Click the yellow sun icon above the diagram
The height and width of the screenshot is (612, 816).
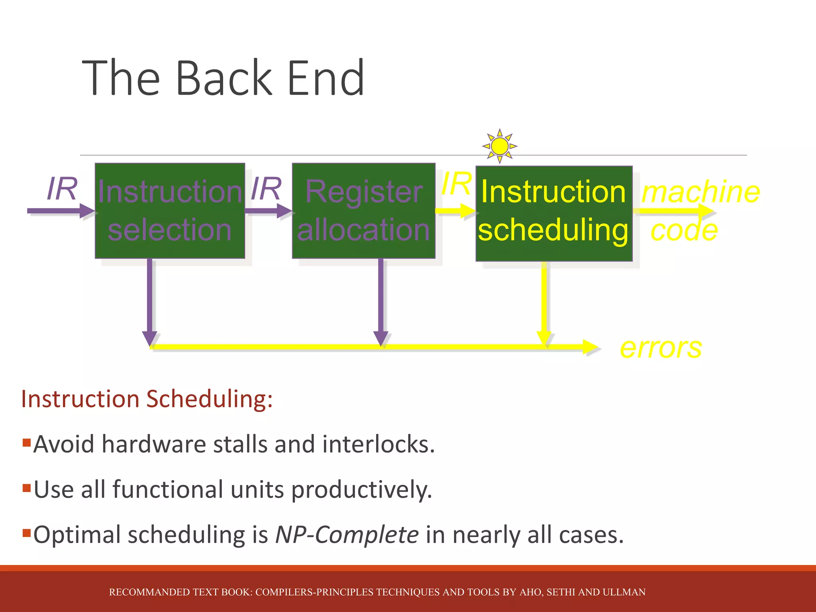point(500,146)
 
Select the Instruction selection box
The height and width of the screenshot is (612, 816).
point(170,211)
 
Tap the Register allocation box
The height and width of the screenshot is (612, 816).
point(363,211)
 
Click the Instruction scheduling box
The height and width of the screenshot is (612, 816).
point(554,214)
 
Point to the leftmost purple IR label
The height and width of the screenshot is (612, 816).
point(62,189)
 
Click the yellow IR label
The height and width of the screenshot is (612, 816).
point(457,184)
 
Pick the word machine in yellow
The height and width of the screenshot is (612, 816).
point(700,192)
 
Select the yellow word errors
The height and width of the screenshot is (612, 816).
point(661,348)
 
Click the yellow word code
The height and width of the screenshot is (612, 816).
point(684,231)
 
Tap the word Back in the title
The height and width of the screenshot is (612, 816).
point(224,78)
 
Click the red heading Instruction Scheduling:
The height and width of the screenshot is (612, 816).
point(147,399)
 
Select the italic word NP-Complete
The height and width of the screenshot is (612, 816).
point(347,535)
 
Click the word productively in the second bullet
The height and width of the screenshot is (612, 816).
point(361,490)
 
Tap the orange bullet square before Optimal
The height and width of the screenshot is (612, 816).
point(27,533)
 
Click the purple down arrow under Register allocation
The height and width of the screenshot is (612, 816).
point(381,303)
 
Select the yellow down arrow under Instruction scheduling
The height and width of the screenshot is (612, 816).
point(544,303)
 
